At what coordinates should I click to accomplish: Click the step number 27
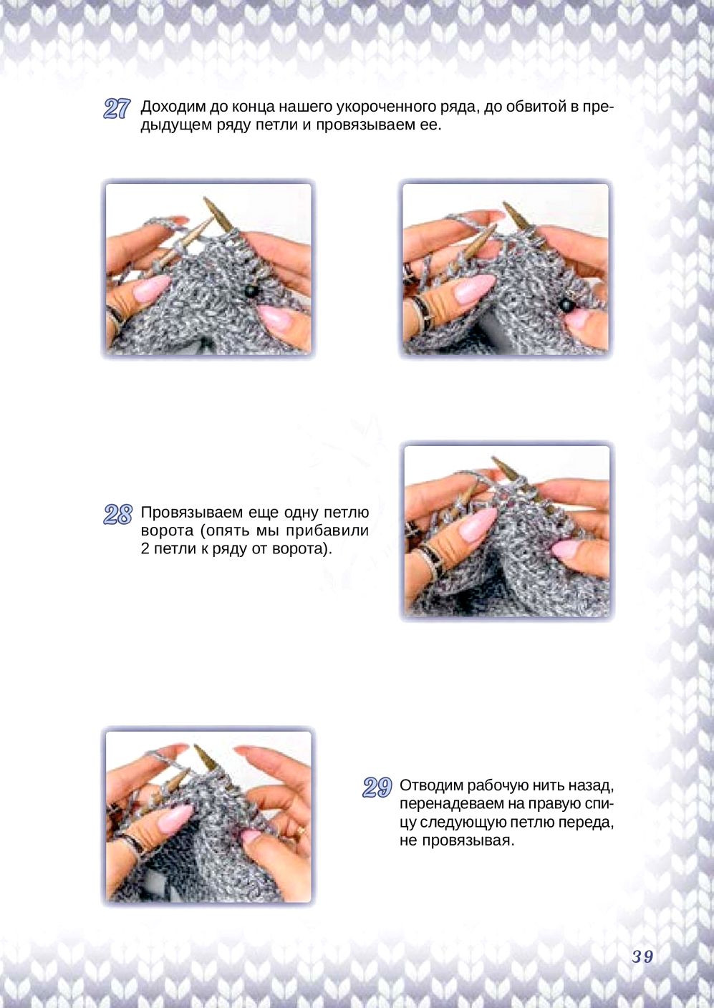[x=117, y=109]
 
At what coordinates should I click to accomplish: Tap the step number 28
[x=117, y=514]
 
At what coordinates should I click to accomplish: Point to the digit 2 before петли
[x=145, y=549]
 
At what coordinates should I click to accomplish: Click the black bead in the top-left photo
[x=251, y=291]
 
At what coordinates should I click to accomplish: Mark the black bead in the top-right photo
[x=566, y=306]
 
